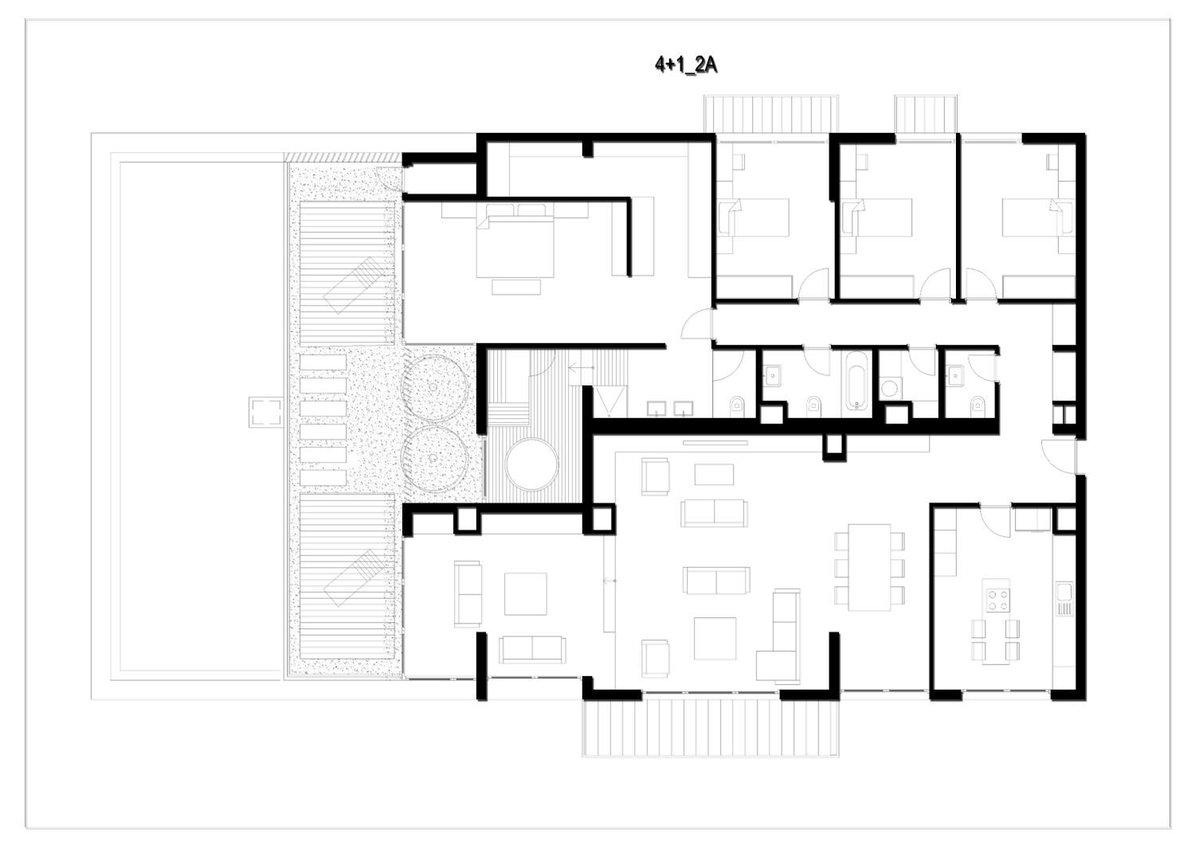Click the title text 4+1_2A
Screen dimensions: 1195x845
(x=686, y=65)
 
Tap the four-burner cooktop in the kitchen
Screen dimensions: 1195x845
(x=997, y=599)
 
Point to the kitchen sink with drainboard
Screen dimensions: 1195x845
(x=1064, y=600)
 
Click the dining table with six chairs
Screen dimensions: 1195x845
(x=870, y=567)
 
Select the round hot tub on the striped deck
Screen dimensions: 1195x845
(x=532, y=464)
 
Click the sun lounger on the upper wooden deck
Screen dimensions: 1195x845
(x=355, y=285)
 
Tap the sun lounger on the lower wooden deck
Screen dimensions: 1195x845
(x=355, y=577)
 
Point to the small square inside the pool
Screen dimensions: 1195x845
(x=266, y=411)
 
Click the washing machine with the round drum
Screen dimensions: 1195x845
(x=890, y=389)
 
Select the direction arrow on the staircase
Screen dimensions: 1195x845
(x=582, y=368)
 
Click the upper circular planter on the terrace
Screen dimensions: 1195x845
(x=435, y=387)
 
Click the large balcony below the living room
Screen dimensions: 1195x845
(x=711, y=728)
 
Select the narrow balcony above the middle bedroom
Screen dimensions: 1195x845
(x=926, y=114)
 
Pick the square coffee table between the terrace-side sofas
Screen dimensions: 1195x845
(x=526, y=594)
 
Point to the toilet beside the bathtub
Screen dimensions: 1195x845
(x=813, y=405)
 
